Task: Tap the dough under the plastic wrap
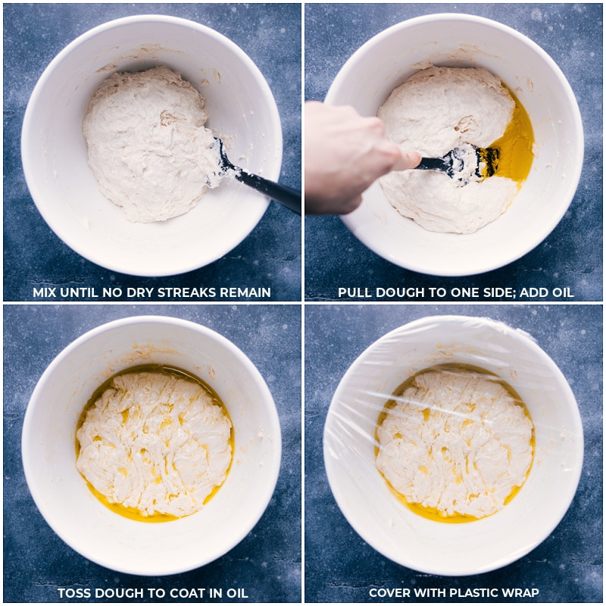pos(454,443)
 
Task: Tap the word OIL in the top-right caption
pos(563,292)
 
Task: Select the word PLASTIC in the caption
pos(476,592)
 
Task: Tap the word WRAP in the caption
pos(523,592)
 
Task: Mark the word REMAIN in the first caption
pos(245,292)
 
